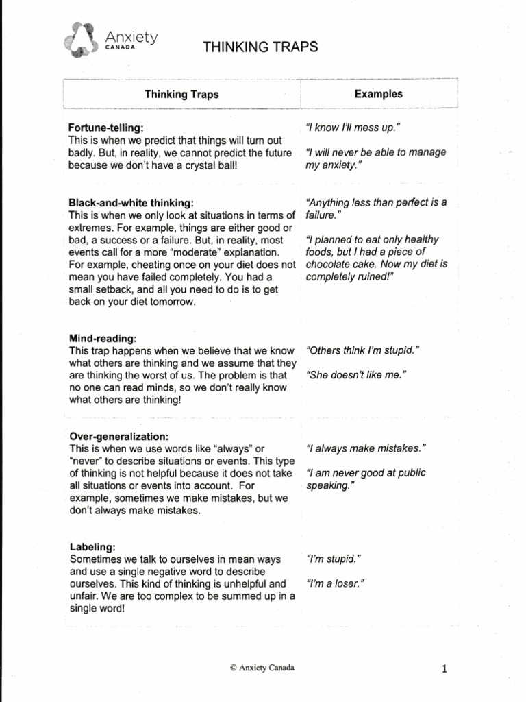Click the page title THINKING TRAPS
pyautogui.click(x=260, y=47)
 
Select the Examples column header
pyautogui.click(x=378, y=94)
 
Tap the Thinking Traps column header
pyautogui.click(x=181, y=95)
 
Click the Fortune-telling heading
pyautogui.click(x=105, y=128)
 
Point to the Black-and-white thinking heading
pyautogui.click(x=131, y=203)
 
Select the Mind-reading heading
pyautogui.click(x=103, y=339)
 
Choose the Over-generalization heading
pyautogui.click(x=119, y=437)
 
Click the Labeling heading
pyautogui.click(x=92, y=547)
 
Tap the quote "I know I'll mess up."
pyautogui.click(x=352, y=128)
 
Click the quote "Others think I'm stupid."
pyautogui.click(x=362, y=350)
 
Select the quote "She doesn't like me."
pyautogui.click(x=356, y=375)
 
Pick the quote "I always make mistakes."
pyautogui.click(x=366, y=448)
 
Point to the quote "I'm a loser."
pyautogui.click(x=334, y=583)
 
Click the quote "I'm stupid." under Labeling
pyautogui.click(x=332, y=559)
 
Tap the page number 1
pyautogui.click(x=444, y=670)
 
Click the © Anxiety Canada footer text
pyautogui.click(x=262, y=668)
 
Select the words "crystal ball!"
pyautogui.click(x=206, y=166)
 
